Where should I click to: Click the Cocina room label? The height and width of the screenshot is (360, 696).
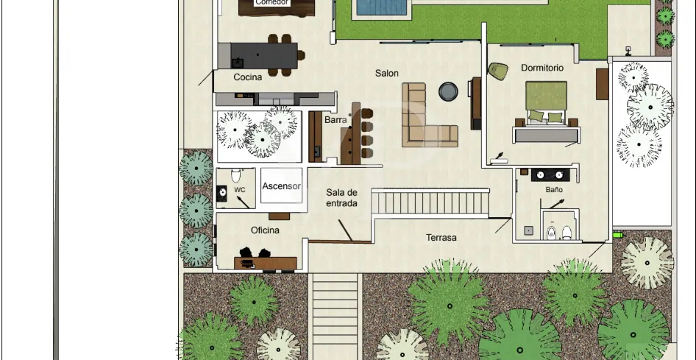tap(248, 77)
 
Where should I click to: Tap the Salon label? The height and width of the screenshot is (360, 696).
tap(386, 73)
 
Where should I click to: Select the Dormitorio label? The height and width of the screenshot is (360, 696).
tap(542, 68)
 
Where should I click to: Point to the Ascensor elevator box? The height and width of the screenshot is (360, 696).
tap(282, 186)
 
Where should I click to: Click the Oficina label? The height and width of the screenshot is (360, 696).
tap(265, 230)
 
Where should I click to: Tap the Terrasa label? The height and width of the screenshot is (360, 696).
tap(441, 238)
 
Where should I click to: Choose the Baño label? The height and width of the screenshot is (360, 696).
tap(554, 189)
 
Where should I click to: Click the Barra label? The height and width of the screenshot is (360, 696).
tap(335, 120)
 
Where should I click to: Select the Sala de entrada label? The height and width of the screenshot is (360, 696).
tap(342, 198)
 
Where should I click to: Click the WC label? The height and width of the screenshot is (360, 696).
tap(239, 190)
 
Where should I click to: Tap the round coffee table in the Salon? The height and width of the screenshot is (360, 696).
tap(448, 91)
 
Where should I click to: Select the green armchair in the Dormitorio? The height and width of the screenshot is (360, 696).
tap(498, 71)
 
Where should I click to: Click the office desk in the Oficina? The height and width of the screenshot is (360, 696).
tap(266, 263)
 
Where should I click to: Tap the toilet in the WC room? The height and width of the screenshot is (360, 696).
tap(235, 175)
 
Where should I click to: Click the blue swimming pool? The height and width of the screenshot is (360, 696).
tap(382, 7)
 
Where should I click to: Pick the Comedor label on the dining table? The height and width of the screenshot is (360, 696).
tap(272, 3)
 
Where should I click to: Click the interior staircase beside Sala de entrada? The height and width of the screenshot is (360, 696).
tap(430, 202)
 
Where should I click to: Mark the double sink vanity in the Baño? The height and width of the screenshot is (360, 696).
tap(550, 175)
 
